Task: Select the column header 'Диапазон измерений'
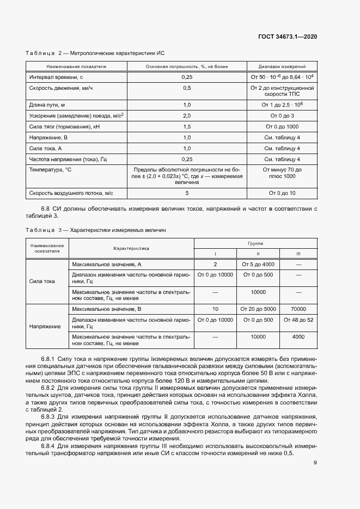(282, 66)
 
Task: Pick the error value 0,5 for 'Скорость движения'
(187, 88)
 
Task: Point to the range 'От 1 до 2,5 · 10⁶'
(282, 105)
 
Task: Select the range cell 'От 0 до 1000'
(282, 126)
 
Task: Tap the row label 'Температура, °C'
(50, 170)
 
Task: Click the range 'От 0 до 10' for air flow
(282, 193)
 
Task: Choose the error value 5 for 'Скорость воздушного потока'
(187, 193)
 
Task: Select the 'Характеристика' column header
(131, 248)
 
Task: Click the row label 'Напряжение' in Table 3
(46, 326)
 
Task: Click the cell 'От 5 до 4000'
(258, 264)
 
